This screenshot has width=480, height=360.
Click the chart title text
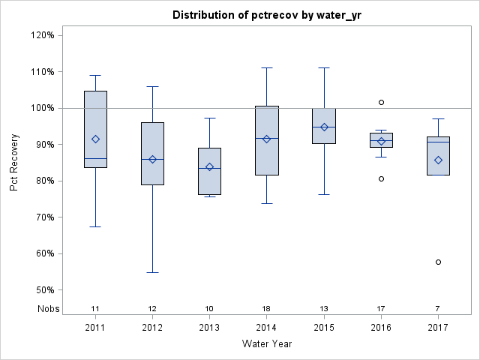point(267,15)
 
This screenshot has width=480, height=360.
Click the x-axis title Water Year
point(267,344)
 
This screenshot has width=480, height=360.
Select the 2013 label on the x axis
point(210,327)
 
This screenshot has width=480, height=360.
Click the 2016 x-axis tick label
point(381,327)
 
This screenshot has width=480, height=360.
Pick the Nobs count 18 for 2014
point(267,309)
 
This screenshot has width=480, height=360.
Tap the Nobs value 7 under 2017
point(438,309)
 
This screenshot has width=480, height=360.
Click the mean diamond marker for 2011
point(95,139)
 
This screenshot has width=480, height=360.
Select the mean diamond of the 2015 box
point(324,127)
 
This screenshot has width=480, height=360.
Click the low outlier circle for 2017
point(438,262)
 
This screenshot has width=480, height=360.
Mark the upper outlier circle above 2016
point(381,102)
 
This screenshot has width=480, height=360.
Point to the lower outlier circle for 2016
point(381,178)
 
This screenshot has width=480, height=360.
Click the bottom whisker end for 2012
point(152,272)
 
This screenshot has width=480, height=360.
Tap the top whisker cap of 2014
point(267,67)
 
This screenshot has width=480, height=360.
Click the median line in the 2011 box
point(95,158)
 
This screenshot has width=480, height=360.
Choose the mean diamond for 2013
point(210,166)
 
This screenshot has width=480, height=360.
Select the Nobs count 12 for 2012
point(152,309)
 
